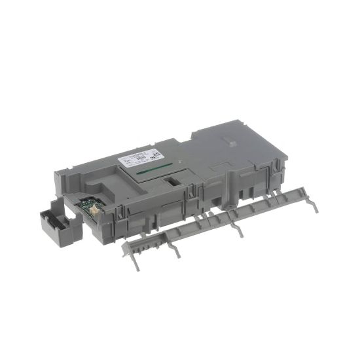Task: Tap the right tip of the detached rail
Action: (x=316, y=208)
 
